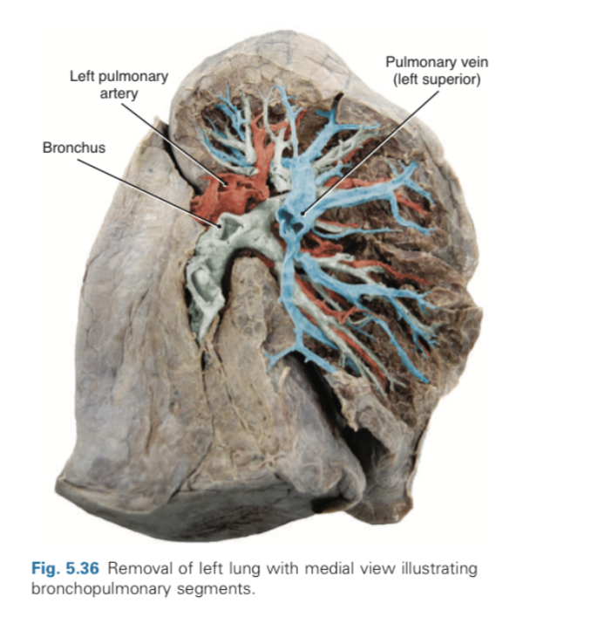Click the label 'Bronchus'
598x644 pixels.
pos(73,147)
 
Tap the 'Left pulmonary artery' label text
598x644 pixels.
pos(119,85)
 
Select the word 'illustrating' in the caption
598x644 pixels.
pos(445,569)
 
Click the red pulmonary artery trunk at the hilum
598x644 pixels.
pos(214,196)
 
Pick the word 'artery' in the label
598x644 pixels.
pos(119,92)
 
